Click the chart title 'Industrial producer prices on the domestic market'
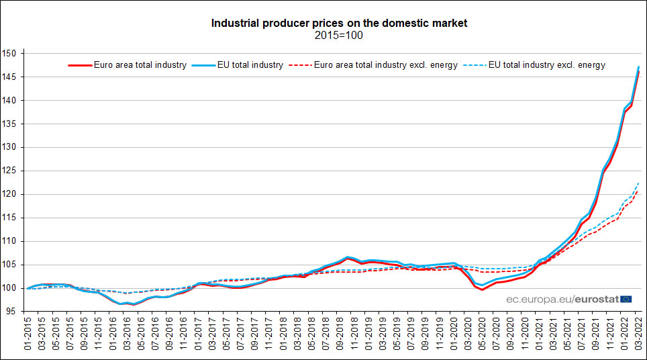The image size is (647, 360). pyautogui.click(x=339, y=23)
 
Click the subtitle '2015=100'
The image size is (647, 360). pyautogui.click(x=339, y=35)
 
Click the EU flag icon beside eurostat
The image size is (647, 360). pyautogui.click(x=626, y=299)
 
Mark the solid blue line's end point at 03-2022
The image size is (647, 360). pyautogui.click(x=638, y=66)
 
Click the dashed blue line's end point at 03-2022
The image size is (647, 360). pyautogui.click(x=638, y=183)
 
